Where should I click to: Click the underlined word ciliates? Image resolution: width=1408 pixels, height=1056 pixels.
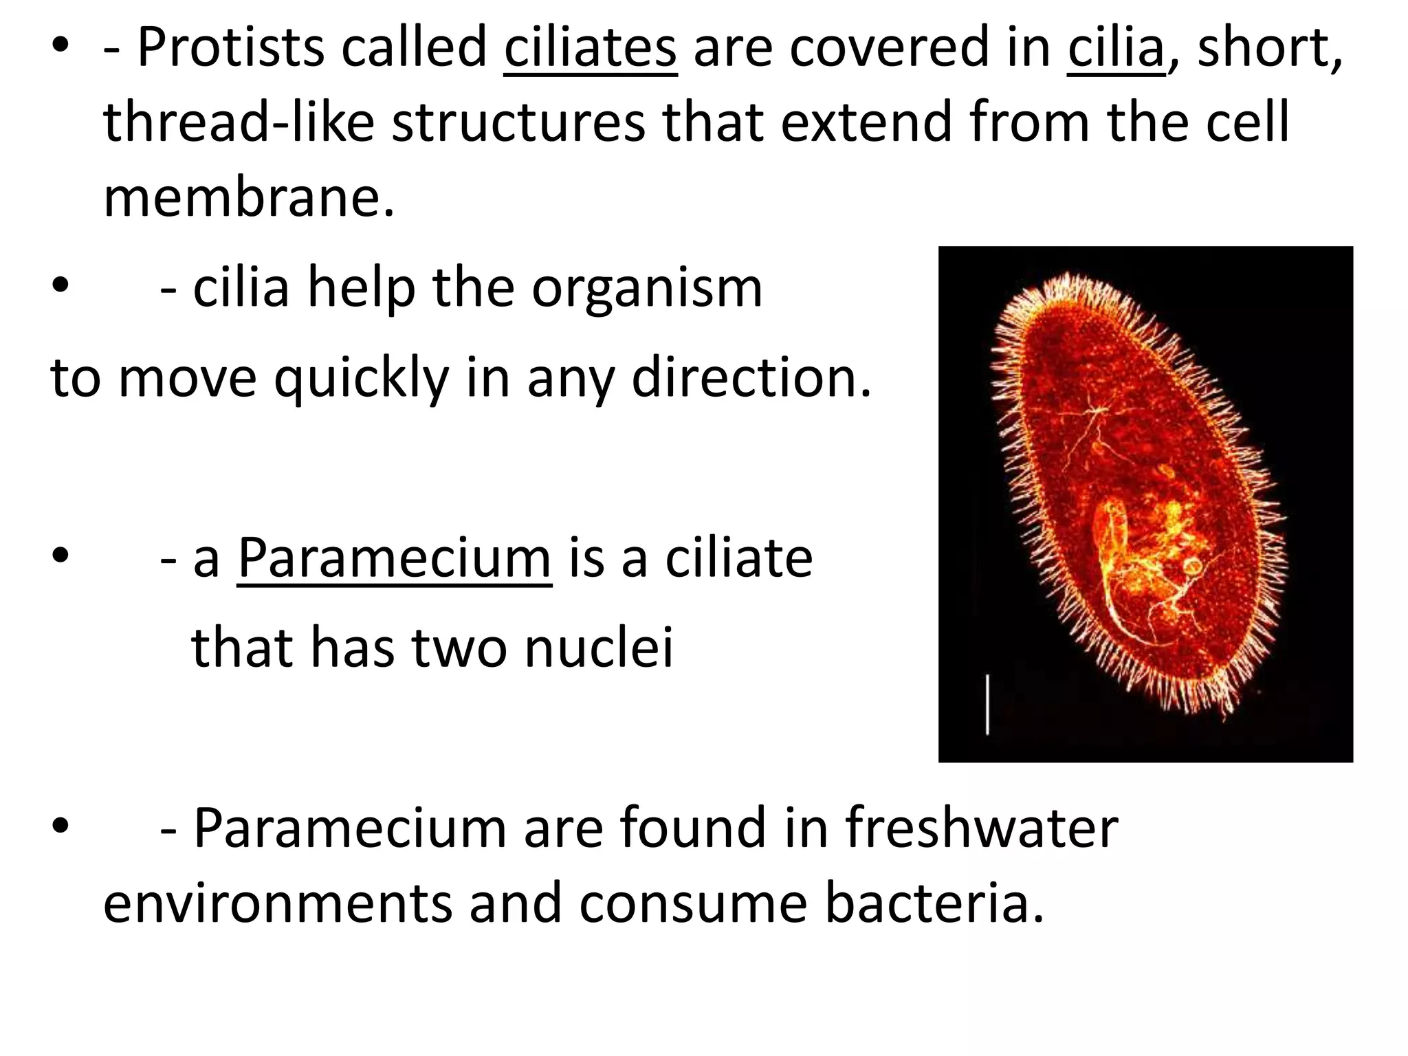pos(591,48)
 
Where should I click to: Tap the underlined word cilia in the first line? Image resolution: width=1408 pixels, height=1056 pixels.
pos(1116,48)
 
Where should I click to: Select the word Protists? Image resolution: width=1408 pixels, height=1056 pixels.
pos(230,48)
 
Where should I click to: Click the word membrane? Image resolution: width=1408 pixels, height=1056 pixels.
pos(249,198)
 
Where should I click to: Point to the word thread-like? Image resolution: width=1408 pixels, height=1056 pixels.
pos(239,123)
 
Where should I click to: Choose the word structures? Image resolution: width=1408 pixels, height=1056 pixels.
pos(518,123)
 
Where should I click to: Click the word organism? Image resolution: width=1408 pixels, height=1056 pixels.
pos(647,287)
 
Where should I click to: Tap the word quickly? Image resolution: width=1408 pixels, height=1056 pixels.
pos(361,378)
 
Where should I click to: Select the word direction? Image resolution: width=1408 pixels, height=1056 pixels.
pos(751,378)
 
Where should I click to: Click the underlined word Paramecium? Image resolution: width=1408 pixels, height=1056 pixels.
pos(394,558)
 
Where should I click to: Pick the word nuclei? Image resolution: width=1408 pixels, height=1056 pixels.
pos(599,648)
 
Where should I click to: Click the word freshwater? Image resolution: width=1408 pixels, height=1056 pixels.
pos(981,828)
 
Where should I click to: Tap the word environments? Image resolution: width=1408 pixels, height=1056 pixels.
pos(277,903)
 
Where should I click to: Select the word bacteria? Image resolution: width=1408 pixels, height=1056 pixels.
pos(934,903)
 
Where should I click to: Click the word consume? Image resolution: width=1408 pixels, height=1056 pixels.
pos(693,903)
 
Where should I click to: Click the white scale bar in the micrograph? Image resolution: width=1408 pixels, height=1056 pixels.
pos(988,704)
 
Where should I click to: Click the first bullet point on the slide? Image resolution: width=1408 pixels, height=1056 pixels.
pos(60,48)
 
